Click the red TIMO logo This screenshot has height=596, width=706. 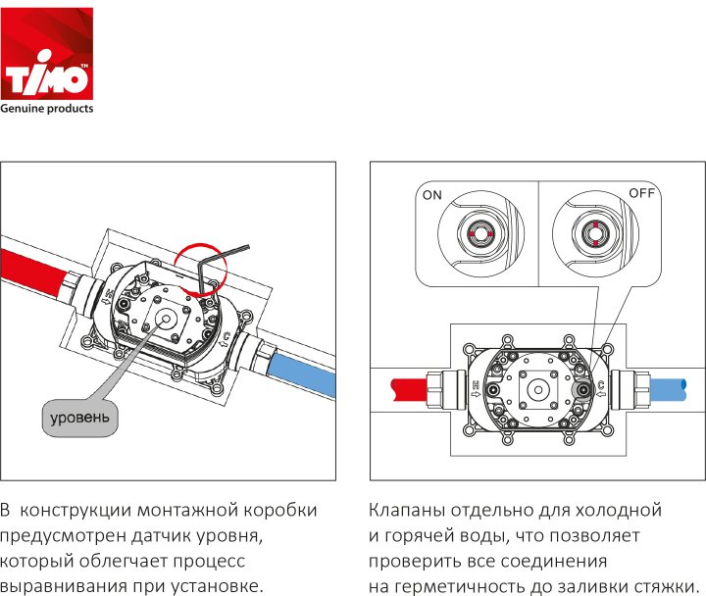47,54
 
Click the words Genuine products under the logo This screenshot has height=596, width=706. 47,109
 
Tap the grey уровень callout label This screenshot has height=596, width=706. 79,418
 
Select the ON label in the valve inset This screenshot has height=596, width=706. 432,195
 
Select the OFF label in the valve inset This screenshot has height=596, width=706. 641,193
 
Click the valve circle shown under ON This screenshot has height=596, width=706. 480,234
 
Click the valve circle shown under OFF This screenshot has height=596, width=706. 595,233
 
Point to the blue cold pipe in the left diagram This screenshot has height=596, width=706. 302,374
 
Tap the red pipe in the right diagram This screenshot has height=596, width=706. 409,389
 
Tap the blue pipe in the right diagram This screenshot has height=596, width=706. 668,390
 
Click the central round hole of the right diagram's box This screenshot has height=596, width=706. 538,390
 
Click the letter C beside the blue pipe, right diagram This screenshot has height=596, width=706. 601,385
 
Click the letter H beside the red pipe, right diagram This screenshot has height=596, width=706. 476,385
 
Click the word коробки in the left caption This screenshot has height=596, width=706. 280,511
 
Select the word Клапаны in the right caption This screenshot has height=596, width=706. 407,511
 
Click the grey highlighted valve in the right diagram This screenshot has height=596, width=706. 583,390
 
